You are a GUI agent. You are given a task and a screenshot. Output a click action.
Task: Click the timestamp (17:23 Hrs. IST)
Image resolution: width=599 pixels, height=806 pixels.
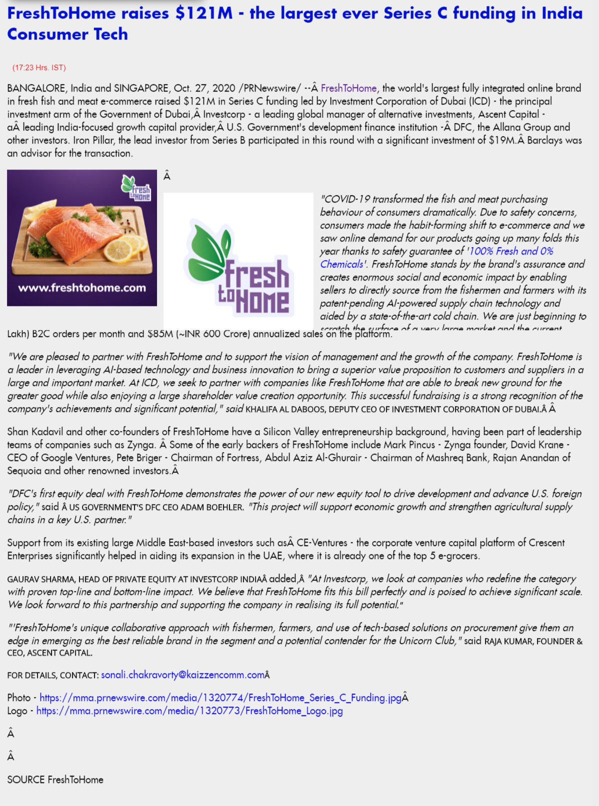coord(39,67)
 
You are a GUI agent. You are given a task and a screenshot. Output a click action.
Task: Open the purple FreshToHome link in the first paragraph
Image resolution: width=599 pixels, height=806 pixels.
coord(348,88)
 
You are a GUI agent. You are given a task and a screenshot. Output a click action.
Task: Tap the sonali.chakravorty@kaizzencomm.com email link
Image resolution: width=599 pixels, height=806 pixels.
coord(182,675)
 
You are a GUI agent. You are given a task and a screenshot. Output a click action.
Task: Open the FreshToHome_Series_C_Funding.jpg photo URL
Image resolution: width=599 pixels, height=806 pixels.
coord(220,698)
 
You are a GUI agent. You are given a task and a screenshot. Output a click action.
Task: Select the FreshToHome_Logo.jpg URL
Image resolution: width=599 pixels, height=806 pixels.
coord(189,711)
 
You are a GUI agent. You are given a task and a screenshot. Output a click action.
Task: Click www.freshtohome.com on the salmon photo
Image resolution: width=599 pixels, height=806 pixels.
coord(82,288)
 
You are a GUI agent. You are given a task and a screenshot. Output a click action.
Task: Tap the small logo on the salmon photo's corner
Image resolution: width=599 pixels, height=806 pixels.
coord(136,187)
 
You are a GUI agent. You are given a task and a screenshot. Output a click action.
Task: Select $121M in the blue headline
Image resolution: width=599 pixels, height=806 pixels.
coord(204,13)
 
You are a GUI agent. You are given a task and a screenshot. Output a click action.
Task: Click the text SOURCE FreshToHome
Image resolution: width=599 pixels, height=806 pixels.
coord(55,780)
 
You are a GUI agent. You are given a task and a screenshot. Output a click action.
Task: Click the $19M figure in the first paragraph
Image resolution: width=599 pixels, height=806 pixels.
coord(502,140)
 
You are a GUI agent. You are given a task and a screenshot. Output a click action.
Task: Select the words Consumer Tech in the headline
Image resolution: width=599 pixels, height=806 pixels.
coord(67,34)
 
